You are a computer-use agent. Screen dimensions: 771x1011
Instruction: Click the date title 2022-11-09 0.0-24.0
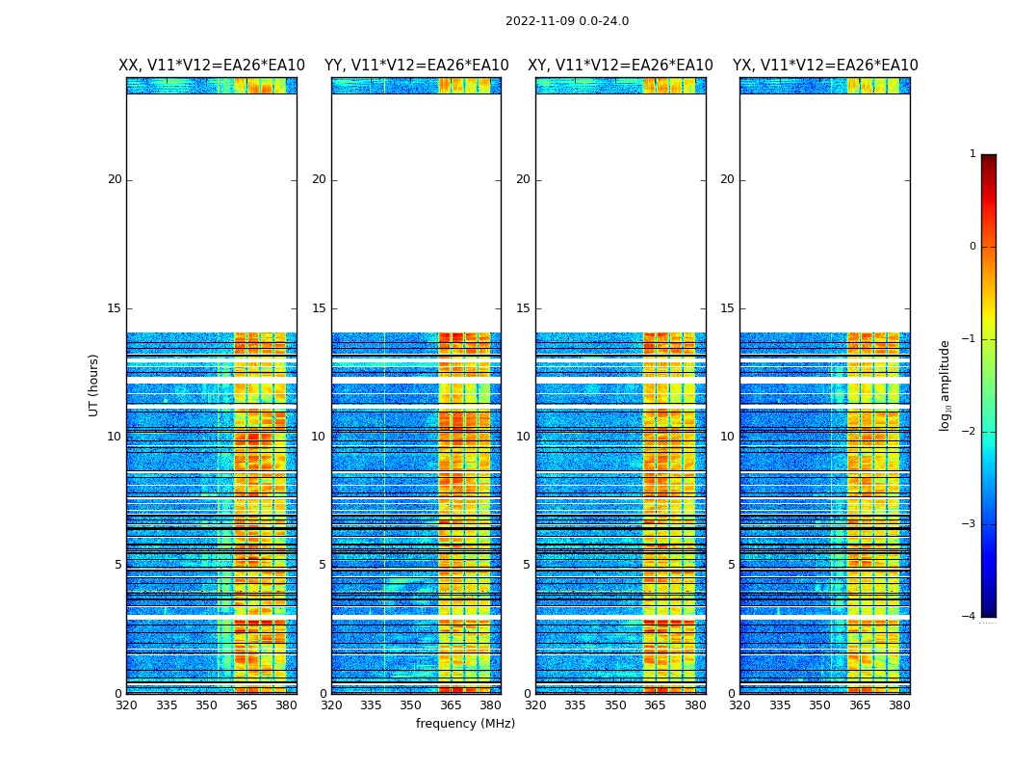point(567,21)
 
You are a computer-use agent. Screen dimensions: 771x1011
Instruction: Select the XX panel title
point(212,66)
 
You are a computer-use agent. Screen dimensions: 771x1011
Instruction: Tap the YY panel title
point(416,66)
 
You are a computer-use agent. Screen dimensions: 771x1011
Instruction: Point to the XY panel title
point(620,66)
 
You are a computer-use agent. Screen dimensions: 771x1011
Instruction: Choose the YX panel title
point(825,66)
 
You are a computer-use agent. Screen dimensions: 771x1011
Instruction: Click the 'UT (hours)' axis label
point(93,385)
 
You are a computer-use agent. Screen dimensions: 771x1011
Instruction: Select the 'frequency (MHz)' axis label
point(465,724)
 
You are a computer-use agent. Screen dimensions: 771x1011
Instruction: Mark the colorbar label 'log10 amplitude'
point(945,385)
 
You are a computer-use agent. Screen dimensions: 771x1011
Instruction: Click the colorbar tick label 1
point(972,154)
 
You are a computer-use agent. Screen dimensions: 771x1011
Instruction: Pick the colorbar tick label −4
point(970,617)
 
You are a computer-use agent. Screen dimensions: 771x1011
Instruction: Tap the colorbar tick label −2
point(970,432)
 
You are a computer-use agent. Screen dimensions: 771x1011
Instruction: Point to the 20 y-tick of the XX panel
point(115,179)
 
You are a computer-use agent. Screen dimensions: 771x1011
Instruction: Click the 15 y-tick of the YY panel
point(319,308)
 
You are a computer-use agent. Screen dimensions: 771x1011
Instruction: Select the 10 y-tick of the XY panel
point(523,437)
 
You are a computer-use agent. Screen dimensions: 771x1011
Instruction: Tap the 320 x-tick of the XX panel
point(126,705)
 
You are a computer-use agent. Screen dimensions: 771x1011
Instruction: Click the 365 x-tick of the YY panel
point(451,705)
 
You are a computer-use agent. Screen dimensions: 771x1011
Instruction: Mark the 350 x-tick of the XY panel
point(615,705)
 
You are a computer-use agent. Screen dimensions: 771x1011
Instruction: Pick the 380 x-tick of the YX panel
point(899,705)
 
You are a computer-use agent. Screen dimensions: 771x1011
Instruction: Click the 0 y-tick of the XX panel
point(118,694)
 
